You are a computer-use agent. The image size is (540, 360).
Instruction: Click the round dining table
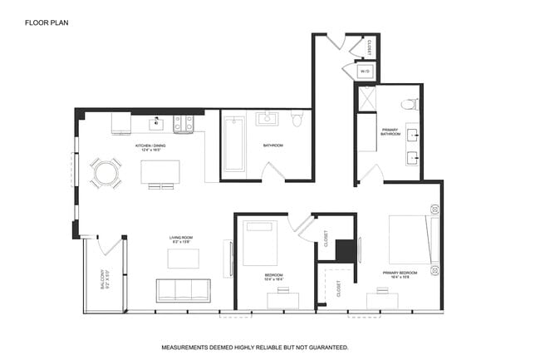click(x=106, y=173)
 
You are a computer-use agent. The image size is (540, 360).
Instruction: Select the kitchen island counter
click(x=160, y=172)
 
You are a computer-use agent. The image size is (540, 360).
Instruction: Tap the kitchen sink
click(x=155, y=124)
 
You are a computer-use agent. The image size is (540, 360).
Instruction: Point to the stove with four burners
click(x=184, y=124)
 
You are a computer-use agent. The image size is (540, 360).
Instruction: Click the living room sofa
click(x=183, y=290)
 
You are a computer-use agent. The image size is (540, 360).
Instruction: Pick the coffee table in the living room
click(x=183, y=259)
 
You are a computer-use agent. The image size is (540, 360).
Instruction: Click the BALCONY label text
click(x=103, y=279)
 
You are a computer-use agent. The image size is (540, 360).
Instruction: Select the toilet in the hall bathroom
click(x=297, y=121)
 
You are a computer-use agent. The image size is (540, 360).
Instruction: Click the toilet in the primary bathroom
click(x=408, y=105)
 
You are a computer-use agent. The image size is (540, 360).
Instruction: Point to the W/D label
click(x=366, y=72)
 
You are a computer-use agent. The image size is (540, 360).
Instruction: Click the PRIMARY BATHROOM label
click(x=390, y=133)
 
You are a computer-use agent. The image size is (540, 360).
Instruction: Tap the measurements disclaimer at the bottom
click(x=254, y=347)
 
